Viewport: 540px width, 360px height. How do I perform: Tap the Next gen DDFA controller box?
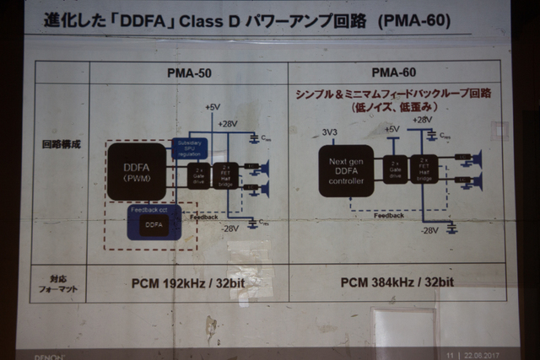click(x=346, y=170)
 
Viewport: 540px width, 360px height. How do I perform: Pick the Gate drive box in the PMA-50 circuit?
click(x=199, y=175)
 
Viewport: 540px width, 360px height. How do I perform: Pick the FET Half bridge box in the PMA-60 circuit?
click(x=422, y=169)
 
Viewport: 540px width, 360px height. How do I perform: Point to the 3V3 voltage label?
click(x=330, y=132)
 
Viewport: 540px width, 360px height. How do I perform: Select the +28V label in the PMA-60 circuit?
click(x=423, y=121)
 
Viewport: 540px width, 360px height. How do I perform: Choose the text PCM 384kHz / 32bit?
click(x=397, y=282)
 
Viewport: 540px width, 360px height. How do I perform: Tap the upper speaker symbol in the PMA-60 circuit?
click(x=475, y=158)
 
